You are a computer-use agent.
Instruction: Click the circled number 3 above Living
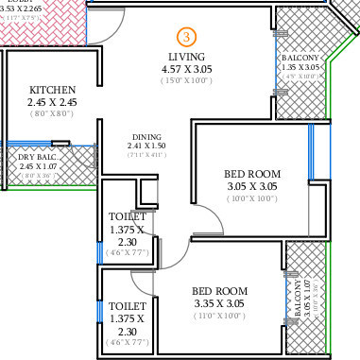coord(187,37)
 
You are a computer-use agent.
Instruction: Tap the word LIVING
coord(187,57)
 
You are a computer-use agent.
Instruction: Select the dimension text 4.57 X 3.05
coord(187,70)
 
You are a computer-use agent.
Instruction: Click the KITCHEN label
coord(52,90)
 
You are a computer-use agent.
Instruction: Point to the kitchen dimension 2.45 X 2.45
coord(52,103)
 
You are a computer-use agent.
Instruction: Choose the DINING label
coord(146,136)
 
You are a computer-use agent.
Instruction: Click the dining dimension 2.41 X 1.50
coord(146,146)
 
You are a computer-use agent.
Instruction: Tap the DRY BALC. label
coord(26,155)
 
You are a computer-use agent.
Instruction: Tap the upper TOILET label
coord(127,216)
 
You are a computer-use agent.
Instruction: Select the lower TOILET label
coord(127,306)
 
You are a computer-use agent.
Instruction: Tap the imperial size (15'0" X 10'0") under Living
coord(187,81)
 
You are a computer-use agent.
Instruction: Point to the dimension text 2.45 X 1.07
coord(26,165)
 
